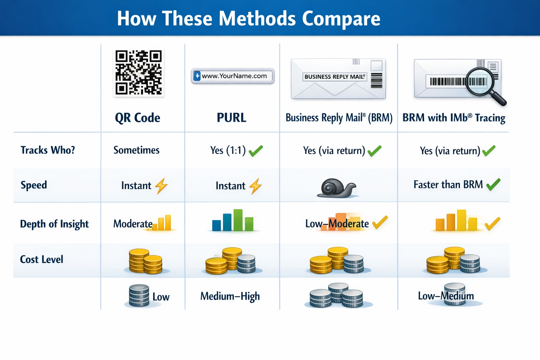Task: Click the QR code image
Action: pos(139,72)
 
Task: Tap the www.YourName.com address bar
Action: pos(233,76)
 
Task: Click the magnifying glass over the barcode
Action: pos(484,86)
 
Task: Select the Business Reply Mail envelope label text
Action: pos(335,77)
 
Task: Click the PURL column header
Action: pos(231,118)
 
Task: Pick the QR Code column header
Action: pos(137,118)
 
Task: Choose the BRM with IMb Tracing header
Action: pos(454,118)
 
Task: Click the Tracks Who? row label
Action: pos(48,150)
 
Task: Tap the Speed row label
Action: pos(34,185)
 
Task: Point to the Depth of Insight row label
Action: pos(54,224)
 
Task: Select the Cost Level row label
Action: pos(41,259)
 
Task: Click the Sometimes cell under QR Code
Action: pos(136,150)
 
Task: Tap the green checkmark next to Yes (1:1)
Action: pos(256,151)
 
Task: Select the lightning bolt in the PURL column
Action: pos(255,186)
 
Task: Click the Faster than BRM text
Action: pos(448,185)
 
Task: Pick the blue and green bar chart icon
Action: pos(233,220)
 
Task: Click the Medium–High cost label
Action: pos(230,296)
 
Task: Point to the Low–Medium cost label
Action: pos(446,296)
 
